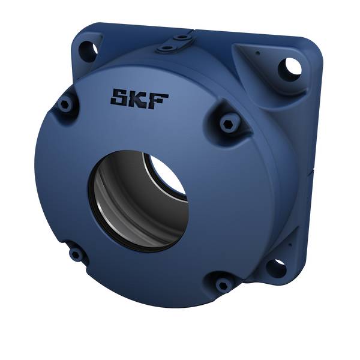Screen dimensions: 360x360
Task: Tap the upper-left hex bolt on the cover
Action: pos(65,105)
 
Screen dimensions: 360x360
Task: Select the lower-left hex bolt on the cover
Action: pos(76,254)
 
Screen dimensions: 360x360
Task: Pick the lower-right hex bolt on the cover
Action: pos(223,283)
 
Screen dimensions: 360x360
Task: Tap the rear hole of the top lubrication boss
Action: pos(181,37)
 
